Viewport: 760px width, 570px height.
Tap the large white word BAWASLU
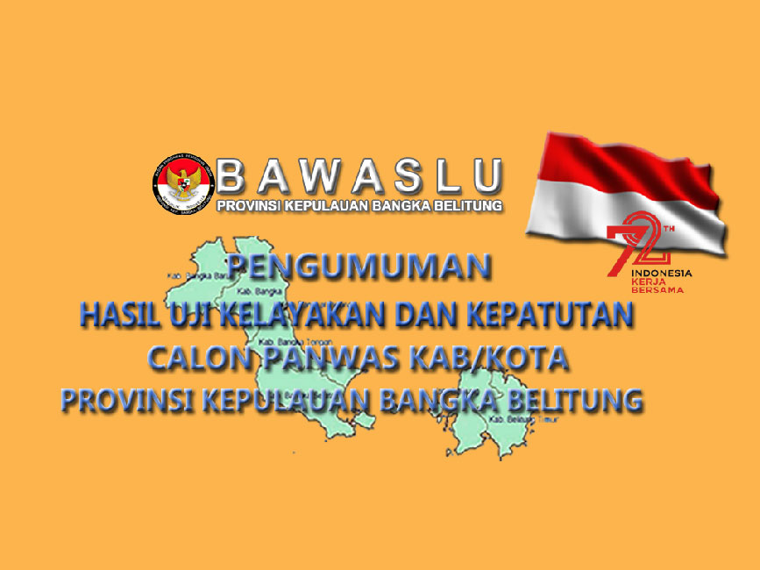pos(360,176)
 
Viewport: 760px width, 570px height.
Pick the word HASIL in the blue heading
pos(115,315)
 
